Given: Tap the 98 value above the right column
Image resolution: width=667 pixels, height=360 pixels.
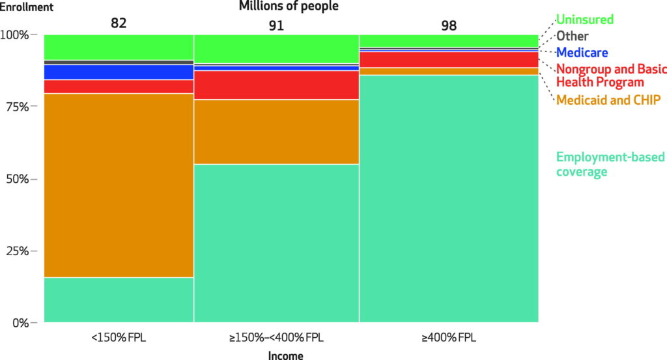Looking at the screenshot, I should click(x=448, y=25).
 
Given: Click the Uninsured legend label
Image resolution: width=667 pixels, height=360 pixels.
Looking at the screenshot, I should click(x=584, y=20).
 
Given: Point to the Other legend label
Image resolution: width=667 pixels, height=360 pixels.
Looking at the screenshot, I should click(x=572, y=36).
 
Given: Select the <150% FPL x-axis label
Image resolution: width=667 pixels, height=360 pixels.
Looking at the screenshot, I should click(x=118, y=339).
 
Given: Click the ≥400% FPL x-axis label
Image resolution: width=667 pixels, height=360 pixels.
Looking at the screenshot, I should click(x=449, y=339).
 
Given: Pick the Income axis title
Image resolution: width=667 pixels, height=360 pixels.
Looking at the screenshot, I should click(x=285, y=355).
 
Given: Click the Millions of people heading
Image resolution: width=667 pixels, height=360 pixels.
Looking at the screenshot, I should click(x=289, y=7).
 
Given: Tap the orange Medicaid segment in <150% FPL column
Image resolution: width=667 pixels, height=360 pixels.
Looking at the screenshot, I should click(x=119, y=186).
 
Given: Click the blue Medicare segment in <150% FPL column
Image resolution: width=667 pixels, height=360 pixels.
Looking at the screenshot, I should click(x=119, y=72).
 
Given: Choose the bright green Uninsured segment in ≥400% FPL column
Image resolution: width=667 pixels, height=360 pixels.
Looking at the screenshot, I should click(x=449, y=40).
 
